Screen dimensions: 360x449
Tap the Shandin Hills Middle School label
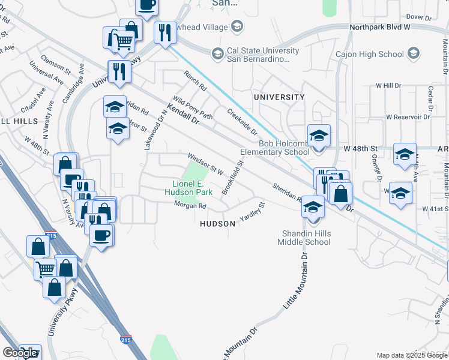tap(304, 238)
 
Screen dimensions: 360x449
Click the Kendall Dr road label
tap(183, 113)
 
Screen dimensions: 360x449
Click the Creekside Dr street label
tap(242, 122)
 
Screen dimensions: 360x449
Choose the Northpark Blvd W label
tap(379, 28)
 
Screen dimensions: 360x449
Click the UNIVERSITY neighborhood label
tap(279, 97)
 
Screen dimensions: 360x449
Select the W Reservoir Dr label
tap(409, 117)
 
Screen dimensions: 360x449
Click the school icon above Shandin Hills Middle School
tap(312, 207)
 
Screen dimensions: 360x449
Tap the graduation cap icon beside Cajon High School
tap(413, 54)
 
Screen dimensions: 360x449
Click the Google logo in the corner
tap(20, 353)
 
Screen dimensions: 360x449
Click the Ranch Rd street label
tap(195, 82)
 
